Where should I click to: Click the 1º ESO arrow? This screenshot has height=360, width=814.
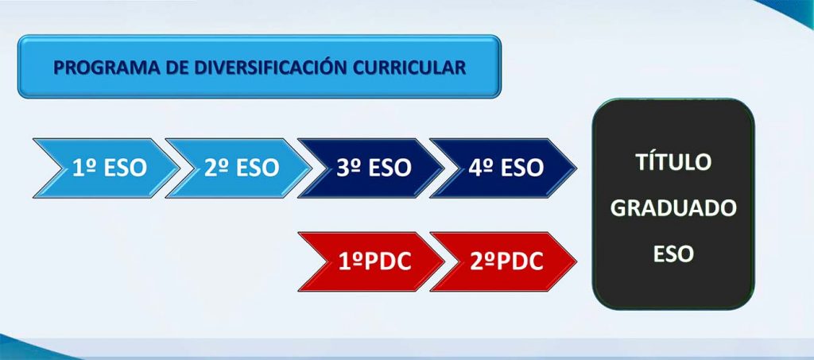click(107, 168)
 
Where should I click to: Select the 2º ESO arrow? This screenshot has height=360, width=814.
click(238, 168)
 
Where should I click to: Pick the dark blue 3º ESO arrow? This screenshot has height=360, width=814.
click(371, 168)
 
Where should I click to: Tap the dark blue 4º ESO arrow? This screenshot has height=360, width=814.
click(503, 168)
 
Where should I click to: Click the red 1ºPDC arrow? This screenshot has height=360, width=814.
click(371, 261)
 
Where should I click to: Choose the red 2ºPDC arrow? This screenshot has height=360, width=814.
click(503, 261)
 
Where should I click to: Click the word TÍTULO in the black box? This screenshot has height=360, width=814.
click(673, 162)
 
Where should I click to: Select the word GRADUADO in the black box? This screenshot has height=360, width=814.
click(673, 208)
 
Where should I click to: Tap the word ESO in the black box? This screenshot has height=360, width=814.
click(673, 254)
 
